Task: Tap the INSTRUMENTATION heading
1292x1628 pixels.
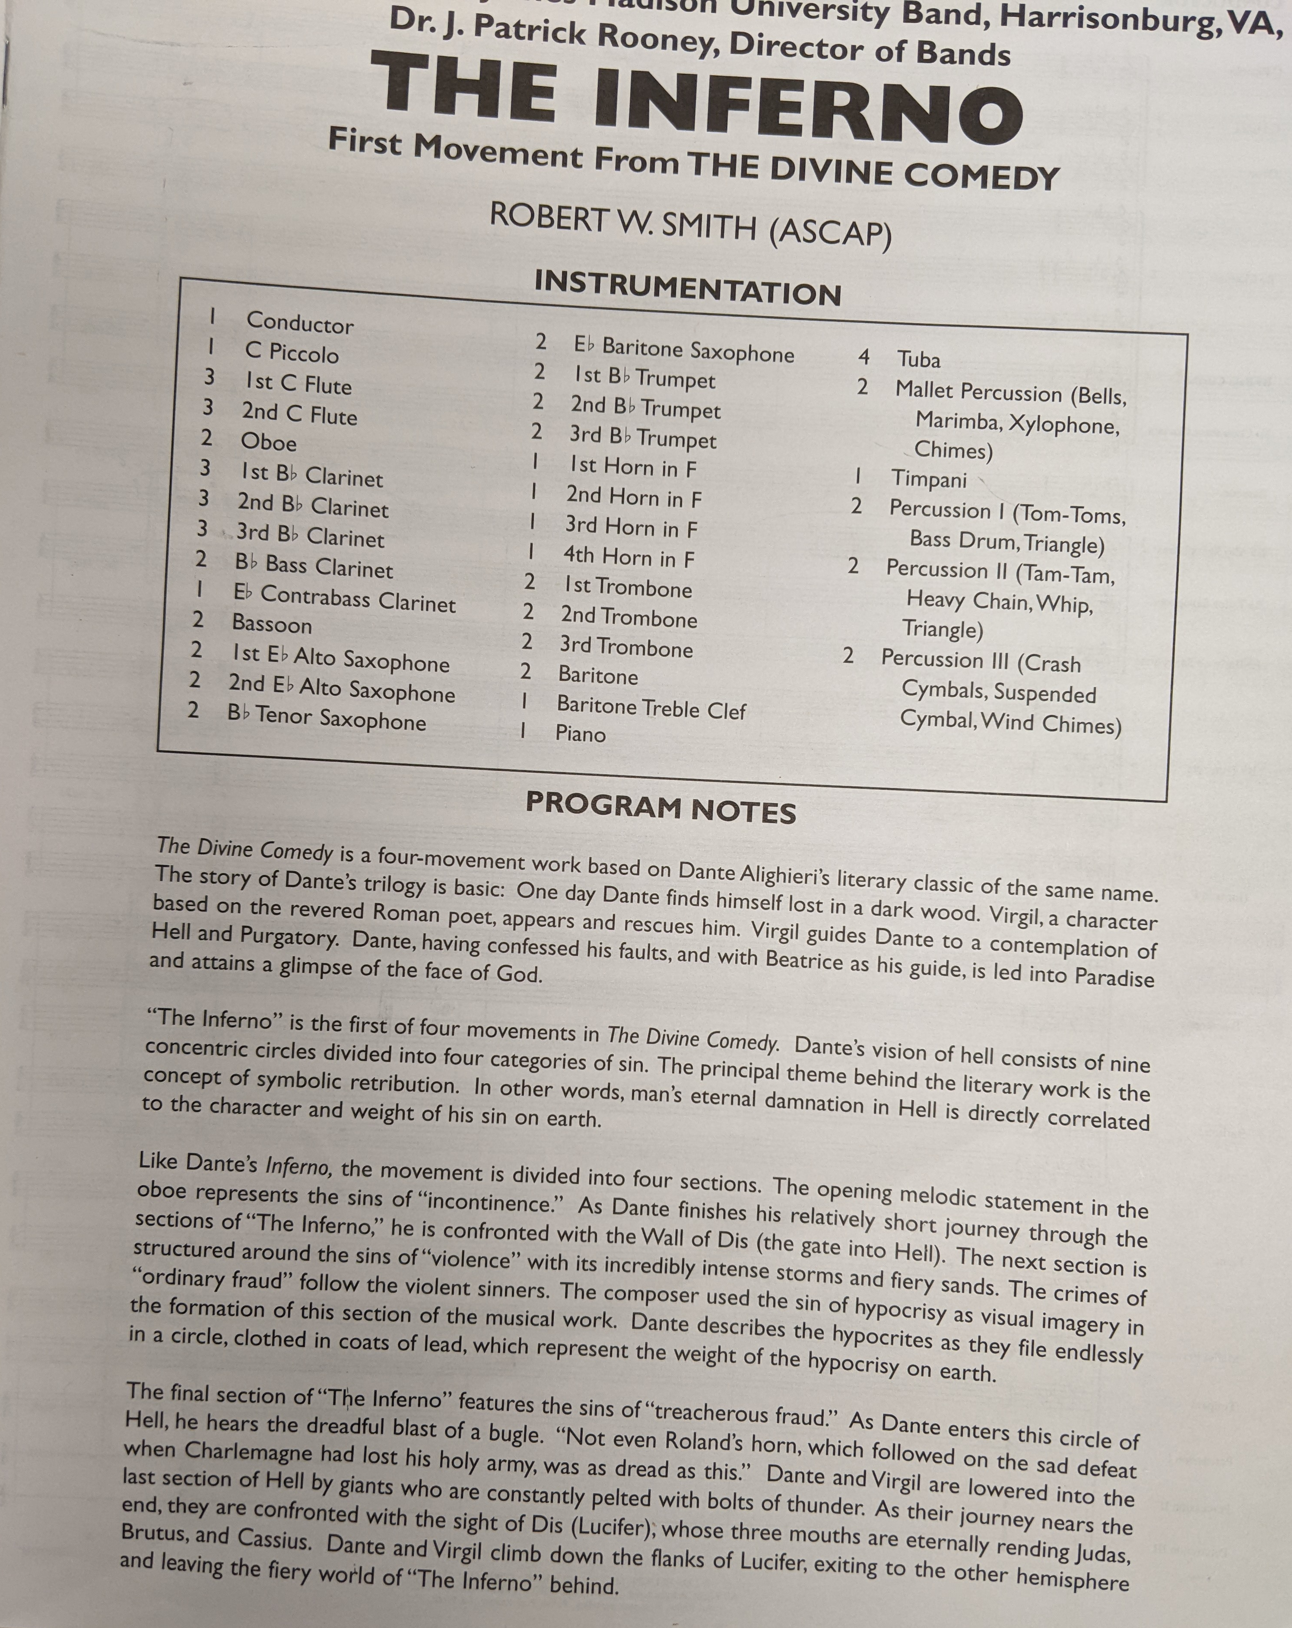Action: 687,289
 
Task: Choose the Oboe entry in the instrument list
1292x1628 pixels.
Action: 268,442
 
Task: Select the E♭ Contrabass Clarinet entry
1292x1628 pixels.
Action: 343,599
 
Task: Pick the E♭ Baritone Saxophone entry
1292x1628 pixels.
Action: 683,350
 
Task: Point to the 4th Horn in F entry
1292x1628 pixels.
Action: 628,558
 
